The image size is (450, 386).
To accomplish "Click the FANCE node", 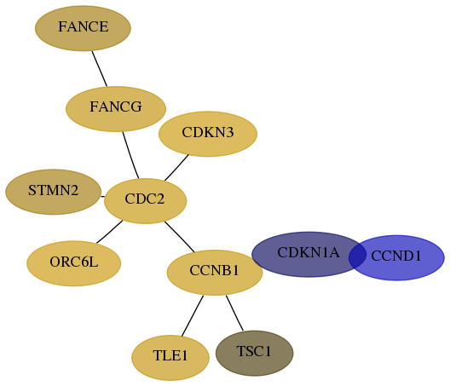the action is click(x=83, y=28).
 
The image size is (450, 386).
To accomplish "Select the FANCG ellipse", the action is click(x=116, y=109).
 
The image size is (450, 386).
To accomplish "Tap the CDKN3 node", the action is click(x=208, y=134).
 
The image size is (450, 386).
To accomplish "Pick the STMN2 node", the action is click(x=54, y=192).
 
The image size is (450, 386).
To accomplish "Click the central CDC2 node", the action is click(x=145, y=201).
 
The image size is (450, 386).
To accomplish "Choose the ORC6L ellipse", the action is click(x=74, y=263).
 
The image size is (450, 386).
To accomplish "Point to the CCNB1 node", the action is click(x=215, y=273).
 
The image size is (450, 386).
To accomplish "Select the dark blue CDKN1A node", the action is click(x=309, y=254).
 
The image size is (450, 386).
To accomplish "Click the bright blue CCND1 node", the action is click(x=396, y=257).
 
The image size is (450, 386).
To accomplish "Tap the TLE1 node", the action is click(x=170, y=358).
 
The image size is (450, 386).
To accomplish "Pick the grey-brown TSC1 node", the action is click(x=255, y=353).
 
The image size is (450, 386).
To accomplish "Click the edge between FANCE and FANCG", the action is click(x=100, y=68).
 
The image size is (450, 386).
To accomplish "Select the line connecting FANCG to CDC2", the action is click(x=130, y=155).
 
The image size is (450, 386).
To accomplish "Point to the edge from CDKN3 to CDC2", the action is click(x=176, y=168).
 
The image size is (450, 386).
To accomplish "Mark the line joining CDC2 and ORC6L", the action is click(x=110, y=232).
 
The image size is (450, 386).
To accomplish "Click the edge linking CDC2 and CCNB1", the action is click(x=179, y=237).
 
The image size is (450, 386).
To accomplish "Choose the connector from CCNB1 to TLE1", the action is click(x=193, y=315).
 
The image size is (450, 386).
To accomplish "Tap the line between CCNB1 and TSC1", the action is click(x=234, y=313).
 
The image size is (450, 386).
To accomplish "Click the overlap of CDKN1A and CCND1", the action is click(x=358, y=256).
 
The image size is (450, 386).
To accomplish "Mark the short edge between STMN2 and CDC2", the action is click(x=103, y=197).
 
